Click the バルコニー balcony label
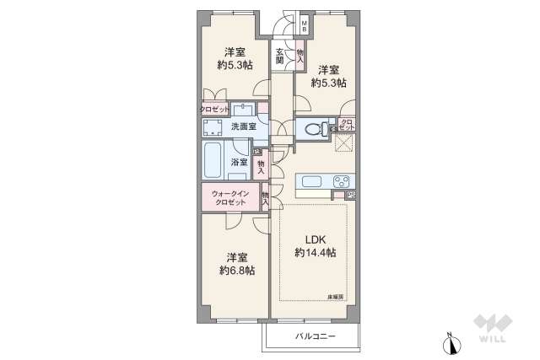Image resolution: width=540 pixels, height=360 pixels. tap(316, 337)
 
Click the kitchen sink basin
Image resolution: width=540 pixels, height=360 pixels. tap(310, 181)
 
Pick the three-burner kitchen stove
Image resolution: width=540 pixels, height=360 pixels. tap(343, 181)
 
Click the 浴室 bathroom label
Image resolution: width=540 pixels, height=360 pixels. tap(239, 162)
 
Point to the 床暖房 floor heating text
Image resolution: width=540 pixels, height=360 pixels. tap(336, 297)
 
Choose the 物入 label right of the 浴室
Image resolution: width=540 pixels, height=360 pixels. tap(262, 166)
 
